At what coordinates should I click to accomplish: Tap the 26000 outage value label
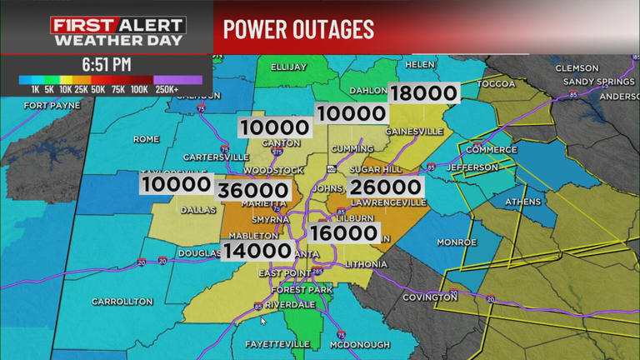[x=384, y=188]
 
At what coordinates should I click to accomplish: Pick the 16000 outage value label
[x=343, y=234]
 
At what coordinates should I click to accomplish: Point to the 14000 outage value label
[x=257, y=250]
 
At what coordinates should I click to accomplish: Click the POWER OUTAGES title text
[x=298, y=29]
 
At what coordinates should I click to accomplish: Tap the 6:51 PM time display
[x=107, y=63]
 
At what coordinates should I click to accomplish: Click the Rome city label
[x=146, y=138]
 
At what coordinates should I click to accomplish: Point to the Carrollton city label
[x=122, y=301]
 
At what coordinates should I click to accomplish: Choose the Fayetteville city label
[x=275, y=343]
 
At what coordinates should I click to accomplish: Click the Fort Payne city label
[x=52, y=106]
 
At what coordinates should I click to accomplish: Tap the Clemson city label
[x=577, y=67]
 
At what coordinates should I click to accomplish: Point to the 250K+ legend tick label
[x=167, y=89]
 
